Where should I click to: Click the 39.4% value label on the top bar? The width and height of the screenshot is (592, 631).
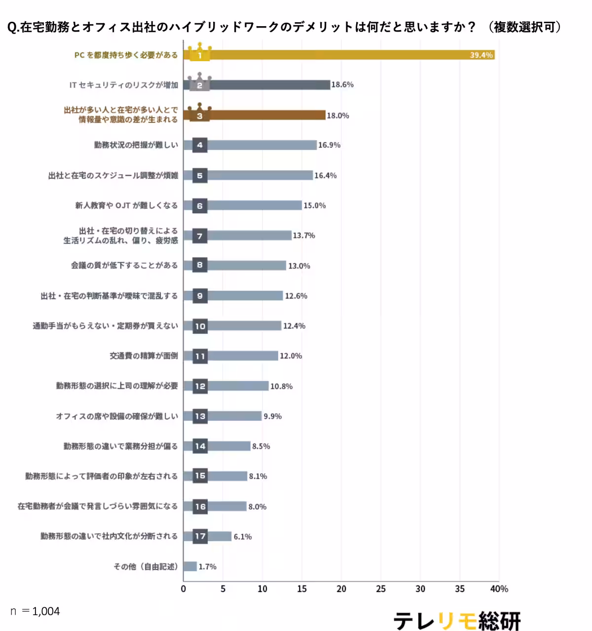tap(481, 55)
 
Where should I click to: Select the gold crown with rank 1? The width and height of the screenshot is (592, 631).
tap(200, 52)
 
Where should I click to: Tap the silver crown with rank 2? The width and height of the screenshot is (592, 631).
tap(200, 82)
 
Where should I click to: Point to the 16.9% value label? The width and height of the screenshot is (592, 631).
tap(329, 145)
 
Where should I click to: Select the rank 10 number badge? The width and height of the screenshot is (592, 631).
tap(200, 326)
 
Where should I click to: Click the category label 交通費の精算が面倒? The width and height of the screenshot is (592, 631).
tap(144, 356)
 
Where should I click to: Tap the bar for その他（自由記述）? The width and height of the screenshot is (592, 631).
tap(190, 566)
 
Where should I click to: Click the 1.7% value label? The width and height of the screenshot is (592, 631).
tap(207, 567)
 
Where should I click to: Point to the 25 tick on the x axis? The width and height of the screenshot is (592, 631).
tap(381, 589)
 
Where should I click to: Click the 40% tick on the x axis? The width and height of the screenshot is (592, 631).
tap(499, 589)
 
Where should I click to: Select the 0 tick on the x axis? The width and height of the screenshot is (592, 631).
tap(184, 589)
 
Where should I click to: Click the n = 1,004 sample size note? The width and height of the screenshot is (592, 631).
tap(35, 611)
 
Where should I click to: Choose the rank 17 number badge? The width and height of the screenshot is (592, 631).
tap(200, 536)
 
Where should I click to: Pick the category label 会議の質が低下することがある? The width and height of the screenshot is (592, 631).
tap(124, 266)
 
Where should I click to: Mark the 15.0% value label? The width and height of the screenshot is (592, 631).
tap(314, 205)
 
